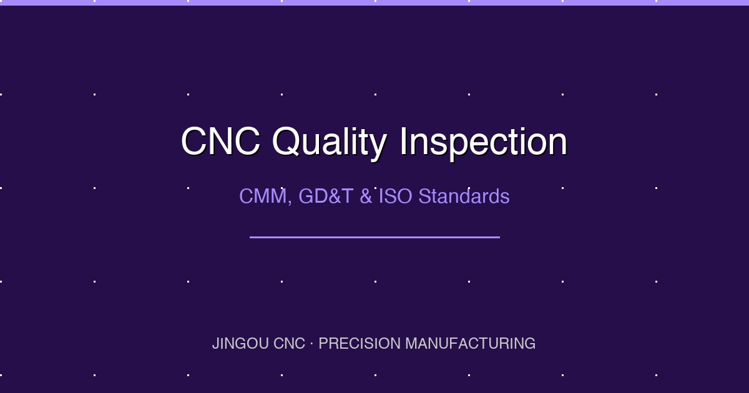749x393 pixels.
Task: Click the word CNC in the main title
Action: [x=220, y=142]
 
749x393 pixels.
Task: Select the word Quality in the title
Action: [x=329, y=143]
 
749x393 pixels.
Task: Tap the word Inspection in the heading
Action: [x=483, y=143]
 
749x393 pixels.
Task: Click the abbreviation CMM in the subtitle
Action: [x=262, y=196]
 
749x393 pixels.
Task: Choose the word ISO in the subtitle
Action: [x=396, y=196]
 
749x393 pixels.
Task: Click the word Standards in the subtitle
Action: [x=464, y=196]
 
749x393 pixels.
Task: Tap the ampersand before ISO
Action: [x=366, y=196]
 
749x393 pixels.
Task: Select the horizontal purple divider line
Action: [x=374, y=237]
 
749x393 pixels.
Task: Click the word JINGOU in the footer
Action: [x=240, y=344]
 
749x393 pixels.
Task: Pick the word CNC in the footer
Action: [x=289, y=344]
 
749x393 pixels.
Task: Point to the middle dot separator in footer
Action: [x=312, y=344]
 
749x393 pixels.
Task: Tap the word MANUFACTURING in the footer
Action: [x=470, y=344]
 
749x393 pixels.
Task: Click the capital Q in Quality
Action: [x=286, y=142]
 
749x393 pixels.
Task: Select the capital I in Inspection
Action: [x=404, y=142]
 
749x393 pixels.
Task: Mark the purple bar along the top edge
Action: [x=374, y=2]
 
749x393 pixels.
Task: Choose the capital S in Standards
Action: [x=424, y=196]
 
